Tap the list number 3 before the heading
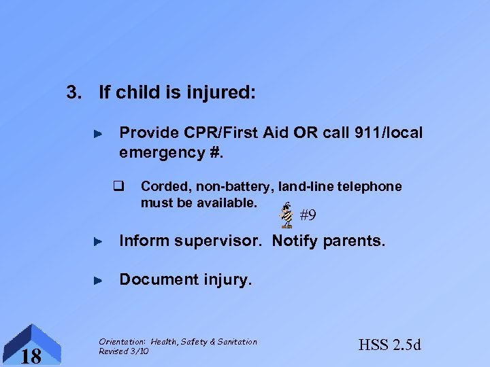coord(70,92)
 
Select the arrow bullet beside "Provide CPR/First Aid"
coord(97,134)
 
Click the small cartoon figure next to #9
coord(287,215)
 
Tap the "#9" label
coord(308,216)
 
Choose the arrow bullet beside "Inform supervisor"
coord(97,240)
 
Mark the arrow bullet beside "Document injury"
coord(97,279)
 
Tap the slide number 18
coord(31,355)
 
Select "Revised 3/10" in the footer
coord(123,351)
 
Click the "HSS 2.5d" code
coord(390,345)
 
